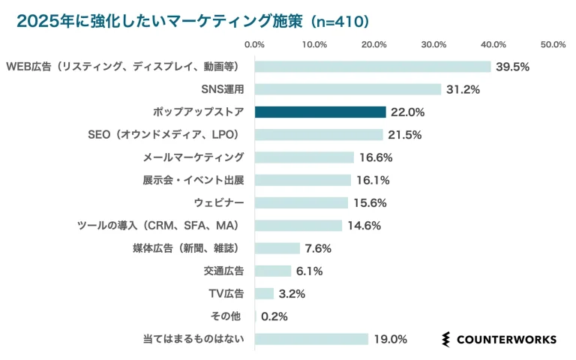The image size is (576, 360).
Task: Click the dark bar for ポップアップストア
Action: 320,112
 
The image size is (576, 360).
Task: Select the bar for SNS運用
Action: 348,90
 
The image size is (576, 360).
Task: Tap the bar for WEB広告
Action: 373,67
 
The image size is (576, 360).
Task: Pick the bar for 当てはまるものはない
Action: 311,339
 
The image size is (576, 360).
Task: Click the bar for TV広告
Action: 265,294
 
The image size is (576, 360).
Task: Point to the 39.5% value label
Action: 513,67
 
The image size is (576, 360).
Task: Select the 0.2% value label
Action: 274,316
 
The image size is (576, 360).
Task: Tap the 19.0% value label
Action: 390,339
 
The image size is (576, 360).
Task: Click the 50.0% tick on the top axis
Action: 553,45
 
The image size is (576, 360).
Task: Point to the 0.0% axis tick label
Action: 255,45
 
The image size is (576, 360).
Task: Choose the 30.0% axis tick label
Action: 434,45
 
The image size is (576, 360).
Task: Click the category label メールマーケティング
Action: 193,157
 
